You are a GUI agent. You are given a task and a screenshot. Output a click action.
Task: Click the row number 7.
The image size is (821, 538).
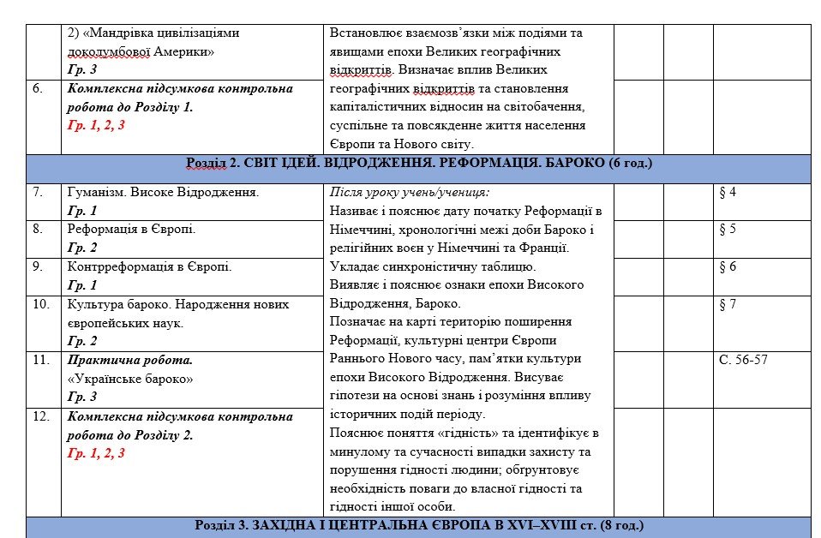[x=39, y=192]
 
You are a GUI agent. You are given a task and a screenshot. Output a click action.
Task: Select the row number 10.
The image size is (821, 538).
[x=41, y=304]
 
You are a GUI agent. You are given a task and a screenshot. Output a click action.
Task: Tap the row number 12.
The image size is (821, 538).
[x=41, y=416]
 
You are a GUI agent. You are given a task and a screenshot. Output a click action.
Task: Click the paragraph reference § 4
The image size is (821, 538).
[x=728, y=192]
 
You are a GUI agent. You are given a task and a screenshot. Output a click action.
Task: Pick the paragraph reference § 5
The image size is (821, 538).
[x=728, y=229]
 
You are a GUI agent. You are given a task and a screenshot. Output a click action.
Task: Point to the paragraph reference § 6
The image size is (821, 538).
[x=728, y=266]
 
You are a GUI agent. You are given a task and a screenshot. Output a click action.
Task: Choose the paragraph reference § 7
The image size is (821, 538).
[x=728, y=304]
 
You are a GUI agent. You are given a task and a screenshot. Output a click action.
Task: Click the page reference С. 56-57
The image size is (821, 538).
[x=743, y=360]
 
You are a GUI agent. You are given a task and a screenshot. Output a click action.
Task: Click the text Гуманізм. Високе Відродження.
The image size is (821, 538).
[x=163, y=192]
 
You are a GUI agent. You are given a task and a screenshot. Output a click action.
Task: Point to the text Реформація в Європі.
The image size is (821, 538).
[x=131, y=229]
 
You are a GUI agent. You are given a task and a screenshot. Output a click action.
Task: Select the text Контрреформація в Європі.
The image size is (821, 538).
[x=149, y=266]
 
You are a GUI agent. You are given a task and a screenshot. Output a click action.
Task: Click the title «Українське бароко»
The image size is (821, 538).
[x=129, y=379]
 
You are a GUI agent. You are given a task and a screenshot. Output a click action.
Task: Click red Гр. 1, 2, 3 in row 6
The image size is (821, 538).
[x=96, y=125]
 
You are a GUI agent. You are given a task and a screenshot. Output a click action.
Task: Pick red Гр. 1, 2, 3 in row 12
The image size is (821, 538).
[x=96, y=453]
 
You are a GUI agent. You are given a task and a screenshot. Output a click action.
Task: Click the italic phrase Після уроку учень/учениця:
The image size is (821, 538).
[x=410, y=192]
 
